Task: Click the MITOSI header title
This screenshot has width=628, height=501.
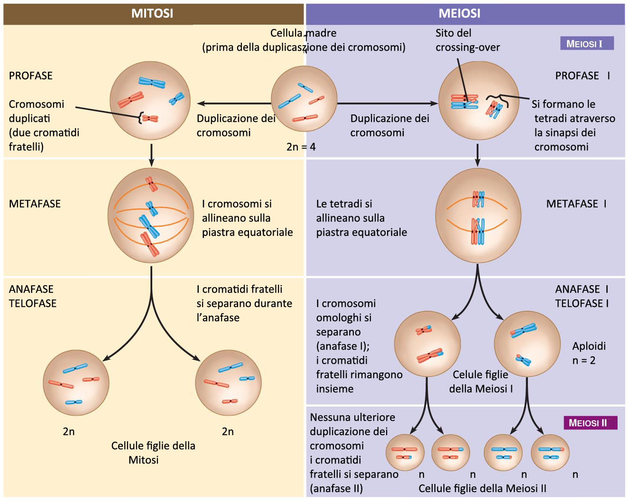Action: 152,13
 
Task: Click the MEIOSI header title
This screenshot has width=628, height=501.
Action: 459,13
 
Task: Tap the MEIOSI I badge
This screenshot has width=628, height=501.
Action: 587,44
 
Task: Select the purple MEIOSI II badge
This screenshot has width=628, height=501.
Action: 590,423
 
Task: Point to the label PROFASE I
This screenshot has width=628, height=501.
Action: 582,76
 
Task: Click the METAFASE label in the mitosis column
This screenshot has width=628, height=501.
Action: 35,204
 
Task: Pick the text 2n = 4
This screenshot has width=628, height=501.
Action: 301,147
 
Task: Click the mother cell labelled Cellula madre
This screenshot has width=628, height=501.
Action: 304,99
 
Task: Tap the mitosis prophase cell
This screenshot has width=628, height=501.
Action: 150,100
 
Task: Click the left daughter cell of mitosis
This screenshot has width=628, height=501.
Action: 76,383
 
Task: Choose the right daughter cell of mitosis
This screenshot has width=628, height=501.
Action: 229,383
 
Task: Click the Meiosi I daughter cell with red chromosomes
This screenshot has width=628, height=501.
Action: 427,344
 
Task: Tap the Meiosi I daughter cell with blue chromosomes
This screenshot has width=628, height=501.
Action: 527,344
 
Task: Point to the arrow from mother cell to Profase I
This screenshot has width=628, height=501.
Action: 387,103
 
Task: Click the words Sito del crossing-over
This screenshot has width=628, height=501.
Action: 467,40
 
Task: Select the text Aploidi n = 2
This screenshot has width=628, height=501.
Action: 588,353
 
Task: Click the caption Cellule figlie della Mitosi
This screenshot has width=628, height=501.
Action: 153,453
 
